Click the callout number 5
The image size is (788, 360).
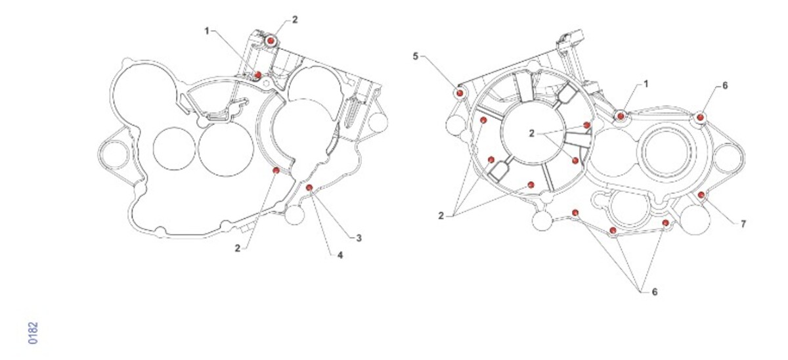[x=416, y=56]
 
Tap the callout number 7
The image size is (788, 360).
[x=743, y=224]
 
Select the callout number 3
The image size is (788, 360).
[x=359, y=238]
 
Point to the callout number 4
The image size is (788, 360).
[x=340, y=255]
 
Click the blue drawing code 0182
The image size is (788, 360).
[x=33, y=333]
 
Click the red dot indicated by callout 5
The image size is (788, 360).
[x=460, y=93]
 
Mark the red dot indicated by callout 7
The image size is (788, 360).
[x=701, y=194]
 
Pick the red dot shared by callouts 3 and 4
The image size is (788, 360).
[x=309, y=187]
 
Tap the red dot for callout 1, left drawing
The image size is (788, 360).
[x=258, y=75]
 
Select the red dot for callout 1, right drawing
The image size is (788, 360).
[x=621, y=116]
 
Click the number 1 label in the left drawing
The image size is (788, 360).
[x=207, y=32]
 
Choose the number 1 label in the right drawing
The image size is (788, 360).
[x=646, y=83]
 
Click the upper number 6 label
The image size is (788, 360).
[x=725, y=85]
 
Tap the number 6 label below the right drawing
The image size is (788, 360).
[x=655, y=292]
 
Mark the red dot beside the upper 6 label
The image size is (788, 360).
[x=701, y=118]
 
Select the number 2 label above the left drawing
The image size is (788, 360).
[x=295, y=20]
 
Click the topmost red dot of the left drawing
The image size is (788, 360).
[x=271, y=41]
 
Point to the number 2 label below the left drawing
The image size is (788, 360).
[x=238, y=248]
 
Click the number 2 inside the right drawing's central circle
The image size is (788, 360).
[x=531, y=133]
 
